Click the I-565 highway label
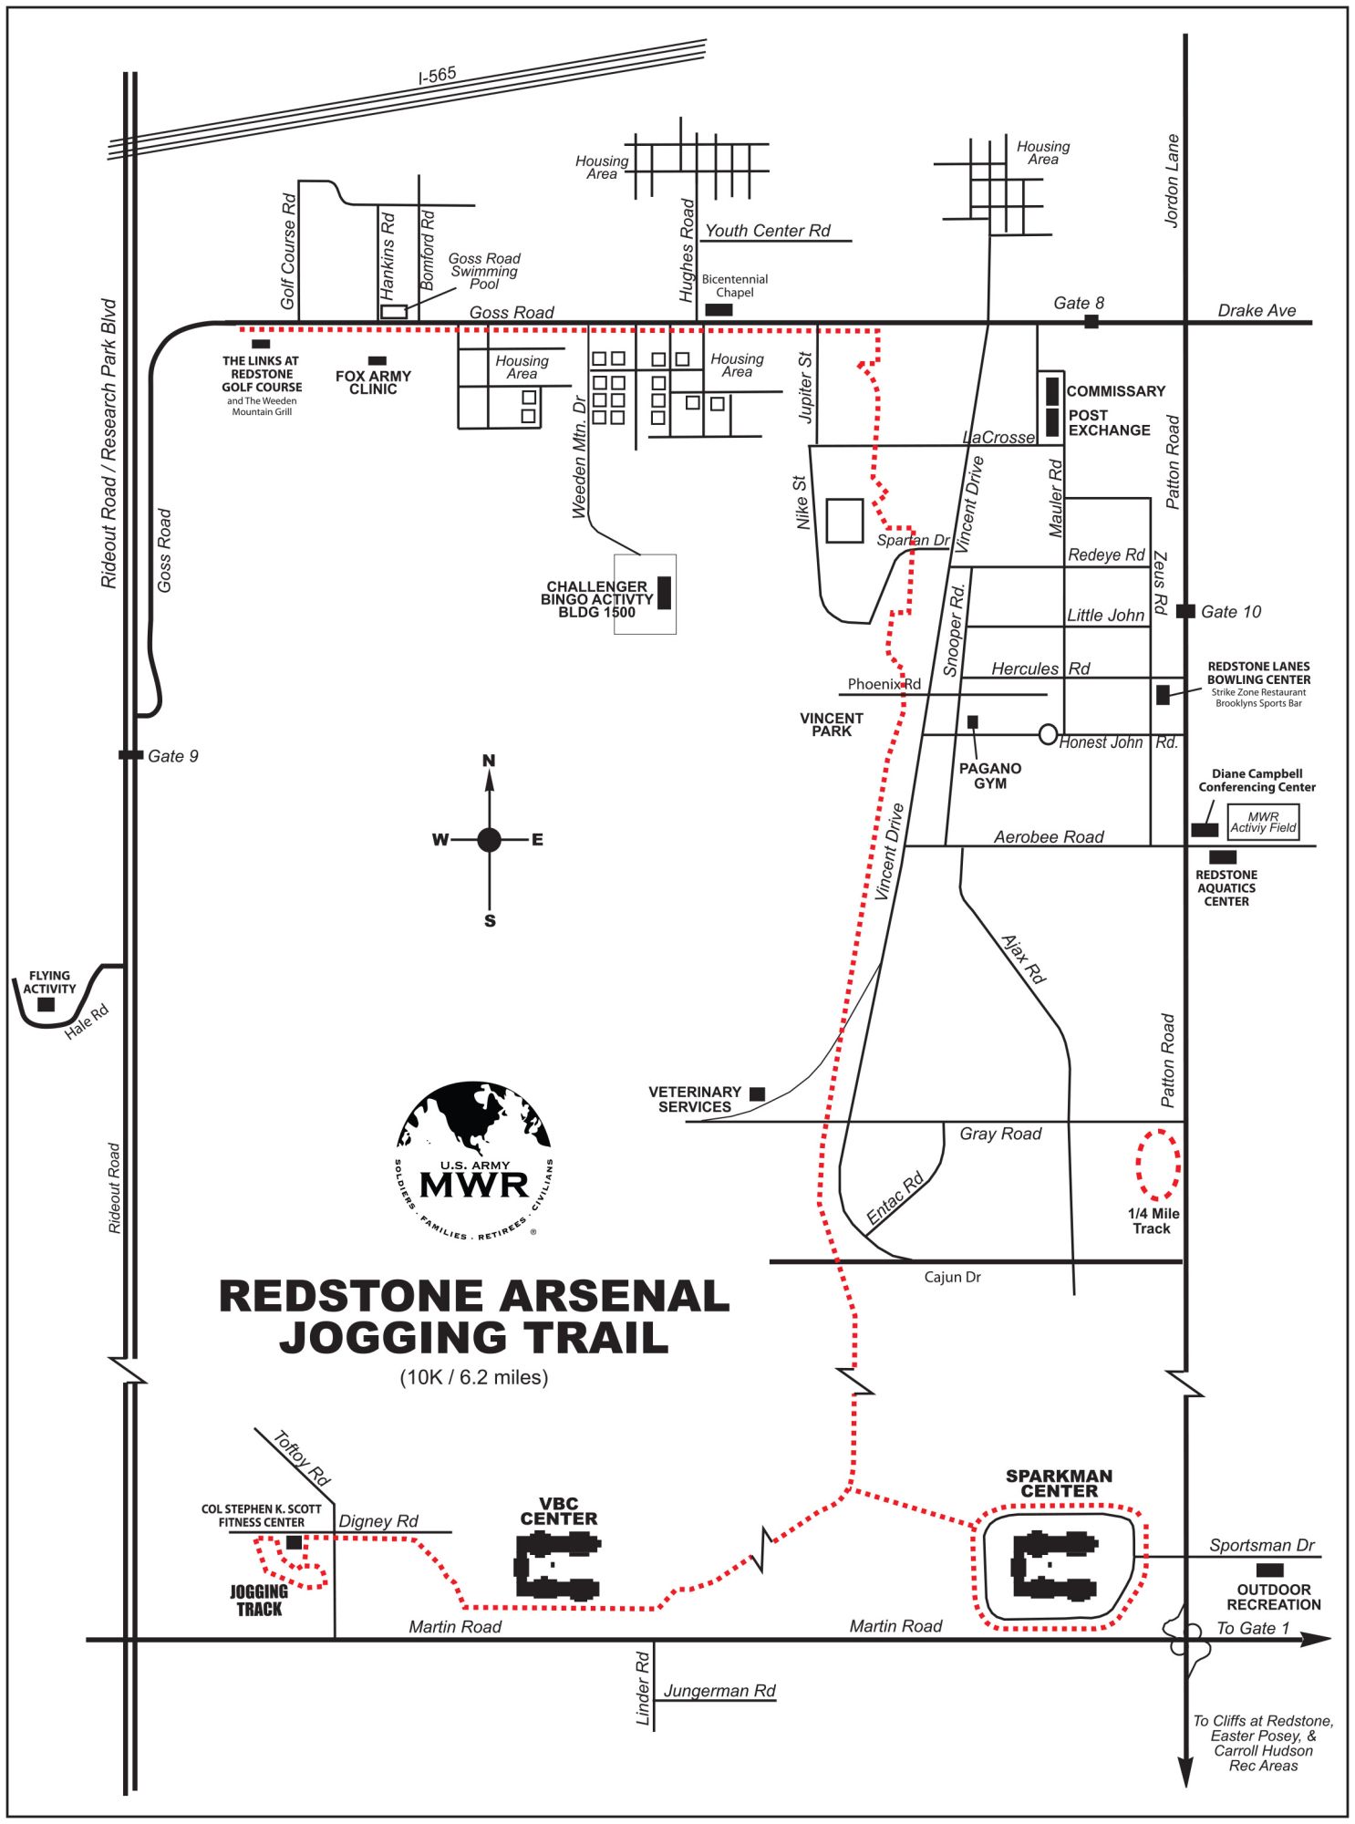click(437, 76)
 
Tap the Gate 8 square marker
click(1091, 321)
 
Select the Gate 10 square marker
click(1185, 611)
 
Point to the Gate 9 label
click(172, 756)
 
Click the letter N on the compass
click(489, 761)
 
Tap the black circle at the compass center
click(490, 839)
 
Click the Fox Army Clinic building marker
click(377, 361)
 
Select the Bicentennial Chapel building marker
click(719, 310)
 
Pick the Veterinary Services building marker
click(757, 1093)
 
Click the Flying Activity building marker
click(46, 1004)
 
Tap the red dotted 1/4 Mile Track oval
click(1158, 1165)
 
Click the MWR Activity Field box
click(1263, 822)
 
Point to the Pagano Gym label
click(989, 776)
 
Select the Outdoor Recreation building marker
click(1270, 1570)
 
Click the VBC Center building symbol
click(557, 1567)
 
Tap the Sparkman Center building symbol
click(1055, 1566)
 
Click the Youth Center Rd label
click(768, 231)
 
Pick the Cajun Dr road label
click(952, 1277)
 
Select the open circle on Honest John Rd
click(1048, 734)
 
